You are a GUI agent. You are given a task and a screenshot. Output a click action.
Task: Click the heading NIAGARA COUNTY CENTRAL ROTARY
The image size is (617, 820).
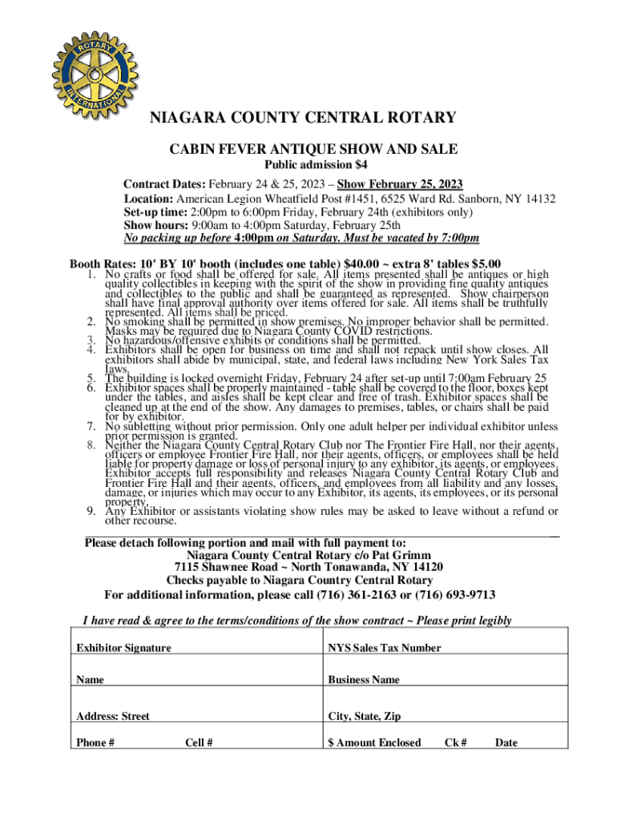coord(304,119)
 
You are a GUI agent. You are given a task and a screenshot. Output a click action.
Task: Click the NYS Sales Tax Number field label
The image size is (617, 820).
coord(384,648)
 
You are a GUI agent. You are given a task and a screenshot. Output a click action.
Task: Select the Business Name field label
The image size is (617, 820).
coord(363,680)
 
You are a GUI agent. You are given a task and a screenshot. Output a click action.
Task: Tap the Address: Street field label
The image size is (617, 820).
coord(112,716)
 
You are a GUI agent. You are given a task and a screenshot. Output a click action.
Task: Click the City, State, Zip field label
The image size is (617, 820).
coord(365,716)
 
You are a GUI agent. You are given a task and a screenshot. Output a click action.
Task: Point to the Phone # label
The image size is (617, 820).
coord(95,742)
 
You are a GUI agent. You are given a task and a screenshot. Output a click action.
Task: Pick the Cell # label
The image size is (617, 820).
coord(199,742)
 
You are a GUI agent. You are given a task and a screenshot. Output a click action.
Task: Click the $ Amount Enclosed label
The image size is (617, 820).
coord(373,742)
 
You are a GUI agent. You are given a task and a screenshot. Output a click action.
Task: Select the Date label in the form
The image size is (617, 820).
coord(506,742)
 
